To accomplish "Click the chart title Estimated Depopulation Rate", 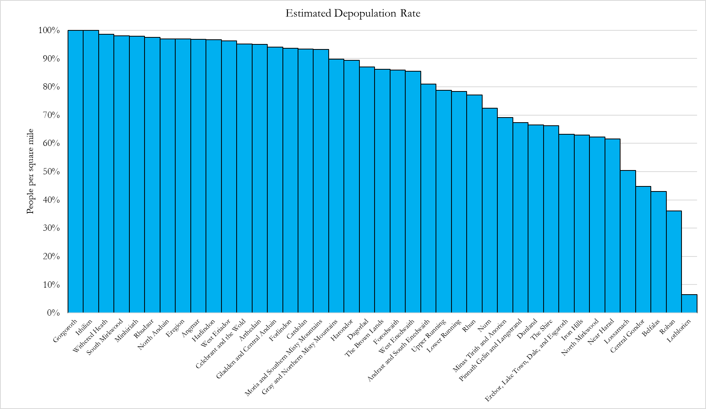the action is pos(353,14).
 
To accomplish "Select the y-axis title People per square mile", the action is pos(30,171).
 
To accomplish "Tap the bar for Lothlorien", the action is pos(689,304).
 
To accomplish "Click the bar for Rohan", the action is pos(674,262).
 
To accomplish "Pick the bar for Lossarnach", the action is pos(628,242).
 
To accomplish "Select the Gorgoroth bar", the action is pos(75,172).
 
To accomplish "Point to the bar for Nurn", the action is pos(490,211).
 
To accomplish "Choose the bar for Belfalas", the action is pos(659,252).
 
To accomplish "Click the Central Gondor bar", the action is pos(643,249).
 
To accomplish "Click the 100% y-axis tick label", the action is pos(49,30).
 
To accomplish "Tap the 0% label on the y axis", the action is pos(54,313).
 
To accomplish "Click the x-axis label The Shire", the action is pos(542,329).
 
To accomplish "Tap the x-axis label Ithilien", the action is pos(84,328).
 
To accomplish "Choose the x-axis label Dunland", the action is pos(527,328).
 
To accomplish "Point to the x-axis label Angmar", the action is pos(190,328).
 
